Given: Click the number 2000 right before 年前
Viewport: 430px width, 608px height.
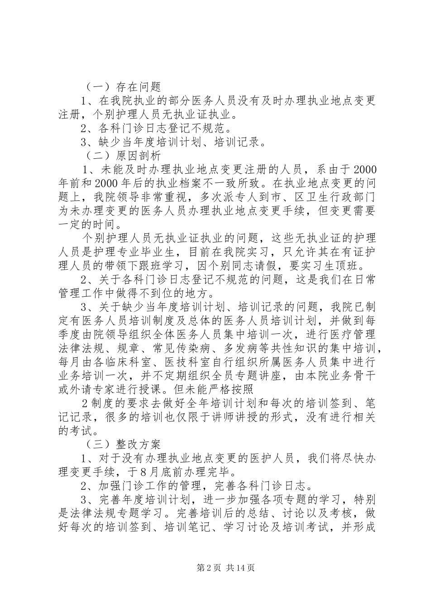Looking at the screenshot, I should [x=364, y=170].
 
